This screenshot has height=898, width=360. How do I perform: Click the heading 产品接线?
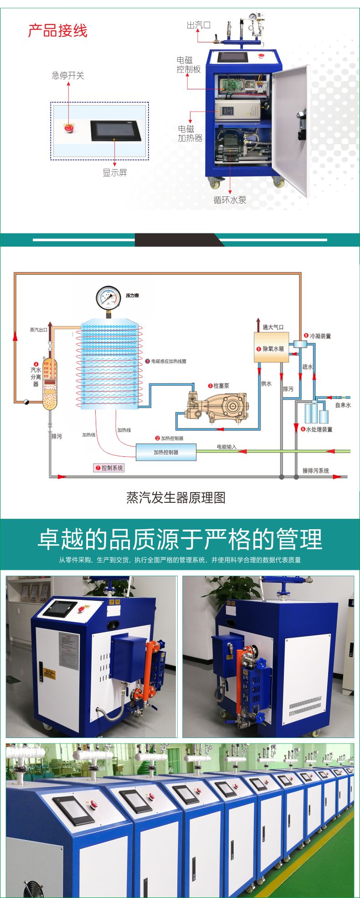point(57,31)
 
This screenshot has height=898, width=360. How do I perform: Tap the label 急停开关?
point(68,76)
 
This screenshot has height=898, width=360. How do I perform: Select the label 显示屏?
point(114,172)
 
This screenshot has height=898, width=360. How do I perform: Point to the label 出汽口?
point(198,25)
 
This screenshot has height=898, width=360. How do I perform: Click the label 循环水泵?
point(230,200)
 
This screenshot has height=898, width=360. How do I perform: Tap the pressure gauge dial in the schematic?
point(108,298)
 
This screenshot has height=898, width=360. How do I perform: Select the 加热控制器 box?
point(166,452)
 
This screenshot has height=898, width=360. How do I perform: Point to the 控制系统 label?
point(109,468)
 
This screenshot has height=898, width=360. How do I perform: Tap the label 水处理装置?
point(319,429)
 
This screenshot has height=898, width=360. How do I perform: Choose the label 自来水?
point(343,405)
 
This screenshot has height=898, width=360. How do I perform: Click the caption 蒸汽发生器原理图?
point(176,497)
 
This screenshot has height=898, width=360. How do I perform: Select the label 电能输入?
point(226,447)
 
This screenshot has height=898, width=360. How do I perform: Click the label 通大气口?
point(273,327)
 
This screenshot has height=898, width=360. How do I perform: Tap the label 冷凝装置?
point(320,336)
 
